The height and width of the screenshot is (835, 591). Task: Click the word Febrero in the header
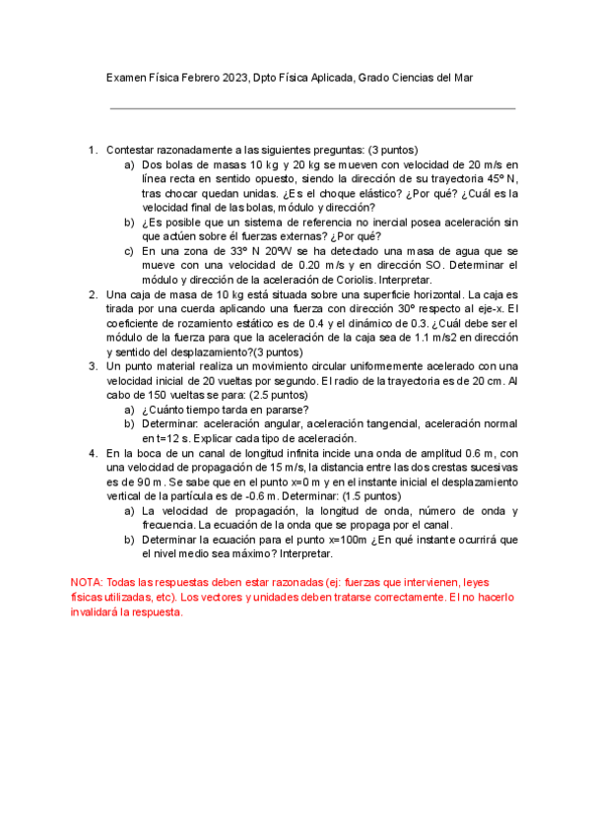coord(201,78)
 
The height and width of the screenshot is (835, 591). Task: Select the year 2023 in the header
coord(235,78)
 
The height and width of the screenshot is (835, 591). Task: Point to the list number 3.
coord(93,366)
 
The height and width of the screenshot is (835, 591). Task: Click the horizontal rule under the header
coord(312,108)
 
